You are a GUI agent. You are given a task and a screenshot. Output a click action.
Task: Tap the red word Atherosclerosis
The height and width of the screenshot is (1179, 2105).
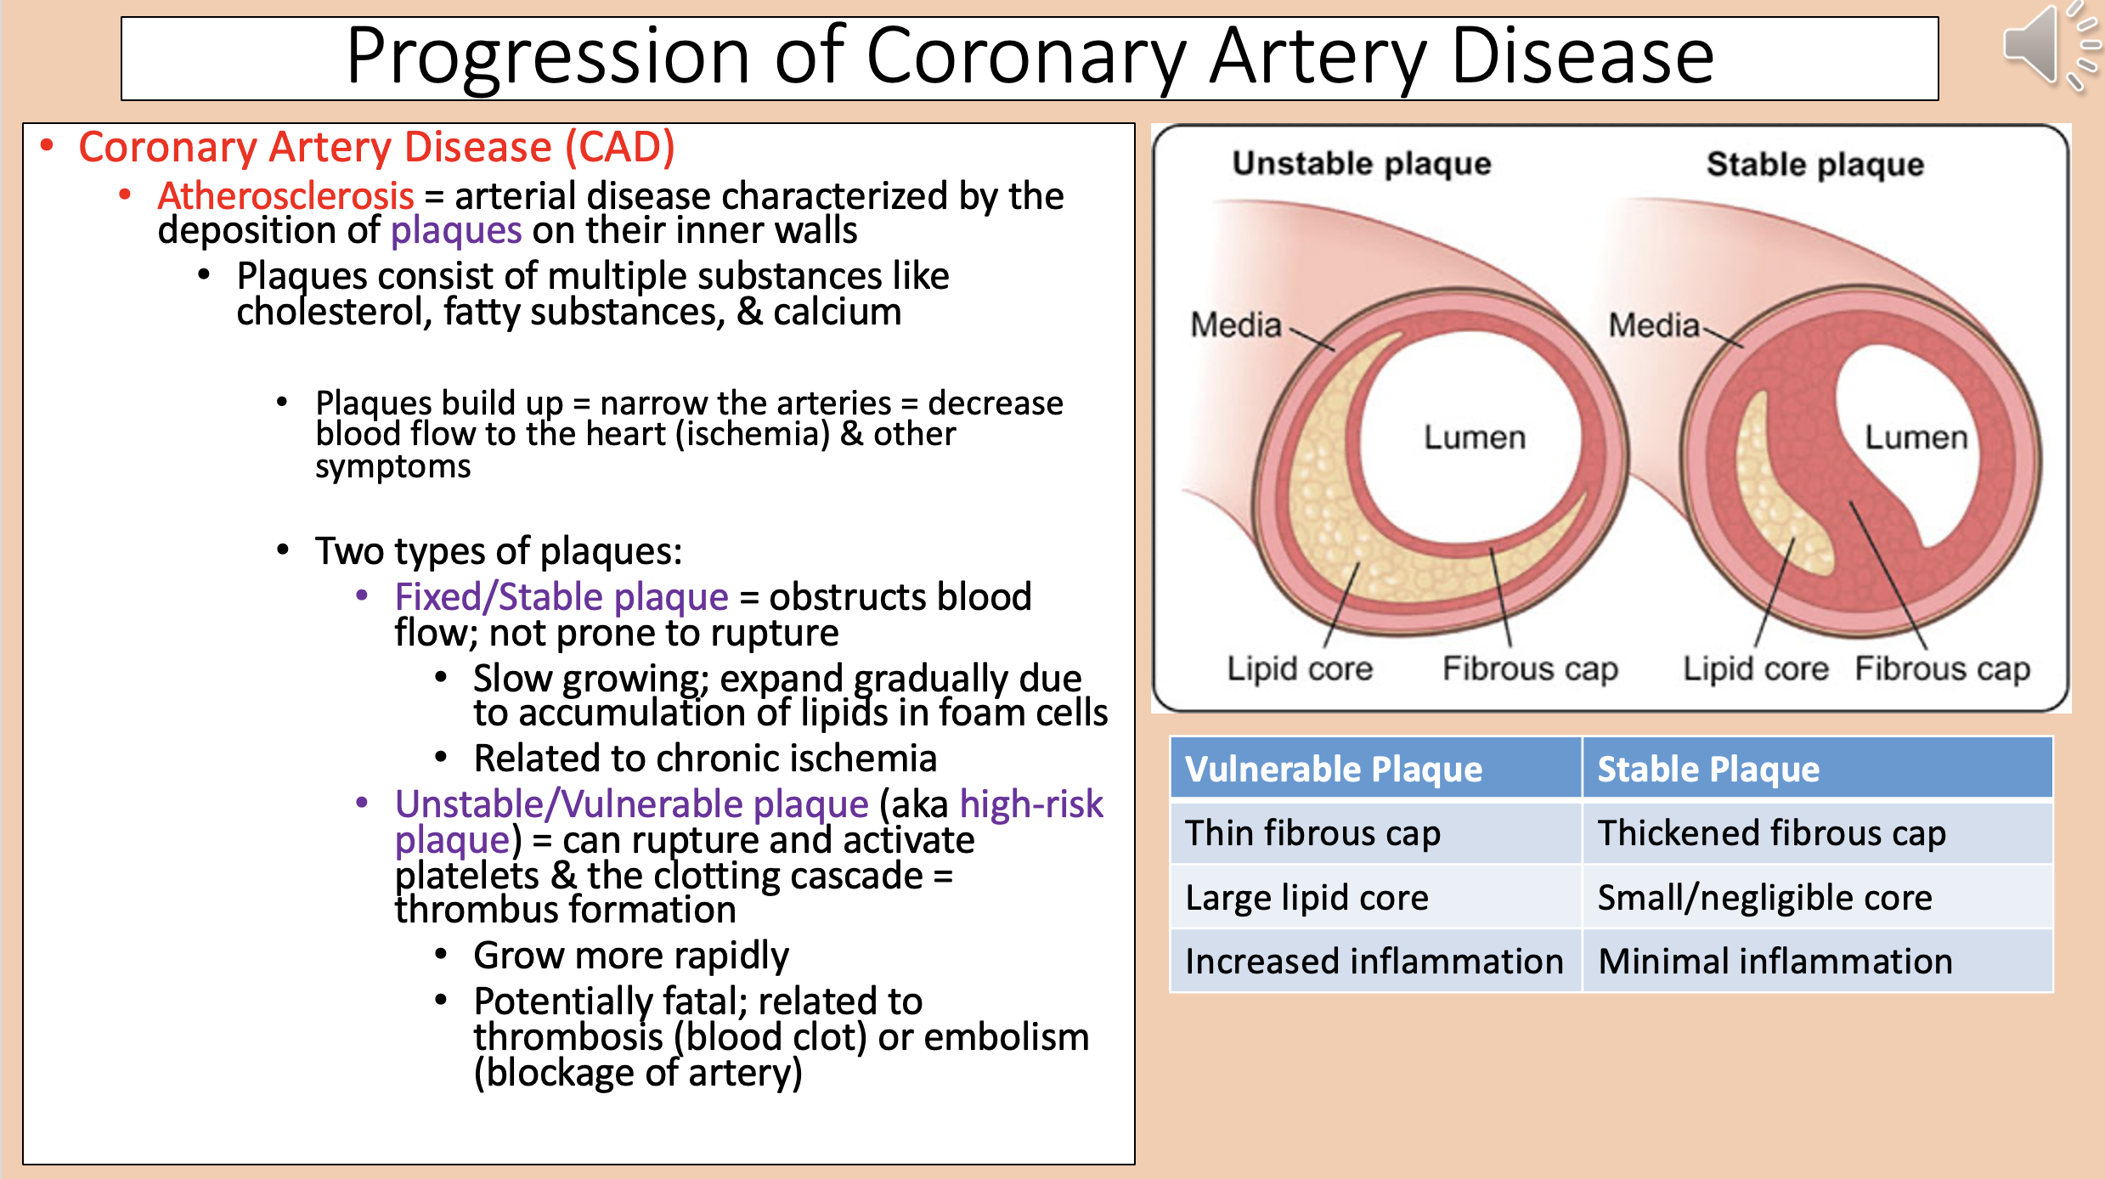(x=285, y=196)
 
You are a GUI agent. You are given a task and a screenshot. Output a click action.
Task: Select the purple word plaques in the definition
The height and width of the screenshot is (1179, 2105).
(x=455, y=231)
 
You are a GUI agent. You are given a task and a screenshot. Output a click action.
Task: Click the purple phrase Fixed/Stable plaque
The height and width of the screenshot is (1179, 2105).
(x=561, y=597)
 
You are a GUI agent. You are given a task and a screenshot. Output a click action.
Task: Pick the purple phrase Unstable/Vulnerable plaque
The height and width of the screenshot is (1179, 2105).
(x=631, y=804)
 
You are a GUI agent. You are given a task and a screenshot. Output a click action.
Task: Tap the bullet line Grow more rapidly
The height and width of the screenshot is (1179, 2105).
(x=630, y=956)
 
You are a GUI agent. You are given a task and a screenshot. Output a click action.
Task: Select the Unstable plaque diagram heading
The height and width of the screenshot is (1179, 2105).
(x=1361, y=163)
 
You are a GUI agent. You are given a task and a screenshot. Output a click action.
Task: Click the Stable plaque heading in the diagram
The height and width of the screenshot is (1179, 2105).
(x=1814, y=164)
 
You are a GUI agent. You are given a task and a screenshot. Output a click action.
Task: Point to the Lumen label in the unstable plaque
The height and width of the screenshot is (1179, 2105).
(x=1474, y=437)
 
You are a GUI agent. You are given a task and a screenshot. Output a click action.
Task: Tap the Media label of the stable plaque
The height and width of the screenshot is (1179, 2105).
(x=1653, y=325)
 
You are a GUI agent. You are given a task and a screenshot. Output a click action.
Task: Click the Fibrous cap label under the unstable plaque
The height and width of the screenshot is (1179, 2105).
(x=1529, y=668)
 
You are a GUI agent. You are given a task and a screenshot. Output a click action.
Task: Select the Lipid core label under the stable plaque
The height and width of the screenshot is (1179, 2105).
(x=1755, y=668)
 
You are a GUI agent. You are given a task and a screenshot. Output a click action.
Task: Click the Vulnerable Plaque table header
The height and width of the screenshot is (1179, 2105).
(x=1333, y=769)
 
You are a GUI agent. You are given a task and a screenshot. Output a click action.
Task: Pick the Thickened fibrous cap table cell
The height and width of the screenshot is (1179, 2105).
(x=1771, y=833)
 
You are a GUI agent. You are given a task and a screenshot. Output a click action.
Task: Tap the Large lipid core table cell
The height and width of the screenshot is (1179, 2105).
(x=1306, y=898)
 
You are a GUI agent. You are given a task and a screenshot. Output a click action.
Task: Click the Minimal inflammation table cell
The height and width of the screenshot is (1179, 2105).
(x=1775, y=962)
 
